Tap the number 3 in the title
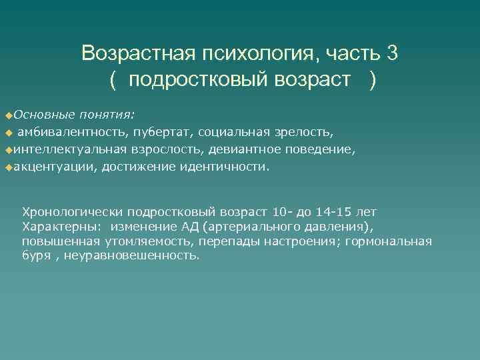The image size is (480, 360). tap(392, 53)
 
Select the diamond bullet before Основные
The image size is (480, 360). tap(8, 109)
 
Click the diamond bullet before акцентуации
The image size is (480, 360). tap(8, 167)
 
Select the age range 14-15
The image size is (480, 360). tap(333, 212)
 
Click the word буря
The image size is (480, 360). tap(36, 255)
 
